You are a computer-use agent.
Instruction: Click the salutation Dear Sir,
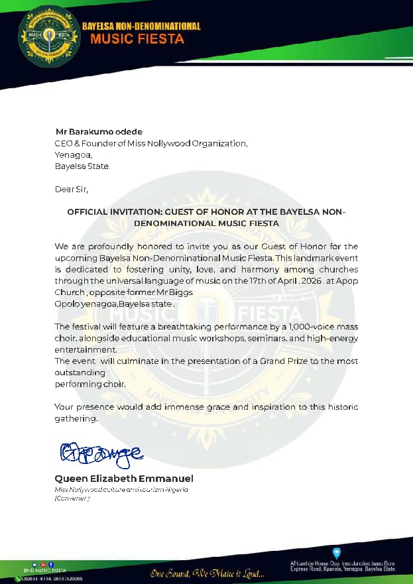pos(71,189)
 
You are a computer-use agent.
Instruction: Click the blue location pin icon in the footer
pos(337,552)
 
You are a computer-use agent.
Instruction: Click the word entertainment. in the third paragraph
pos(86,349)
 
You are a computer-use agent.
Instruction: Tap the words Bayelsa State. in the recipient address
pos(82,165)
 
